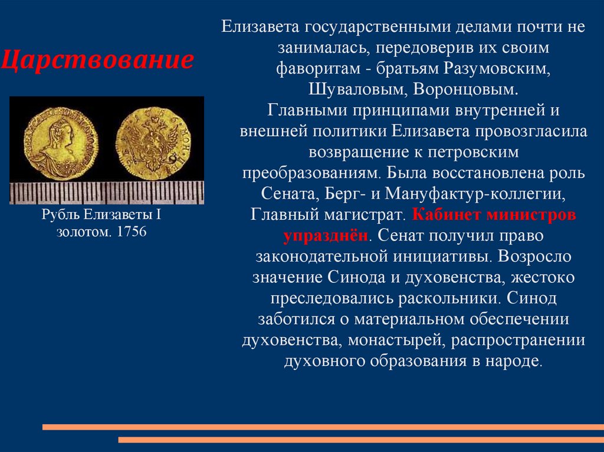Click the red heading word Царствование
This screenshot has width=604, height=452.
pos(97,60)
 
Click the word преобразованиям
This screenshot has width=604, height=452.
pos(311,173)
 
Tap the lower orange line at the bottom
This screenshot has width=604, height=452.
pos(360,440)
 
